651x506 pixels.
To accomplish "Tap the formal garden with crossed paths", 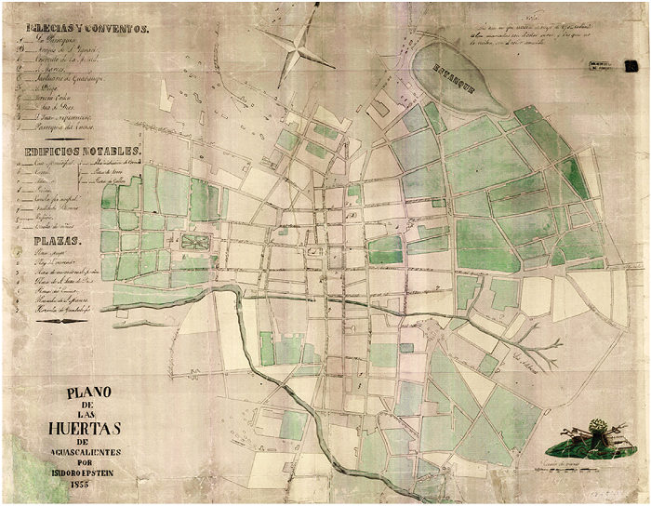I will click(x=196, y=242).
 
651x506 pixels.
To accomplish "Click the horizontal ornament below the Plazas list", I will click(x=71, y=322).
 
